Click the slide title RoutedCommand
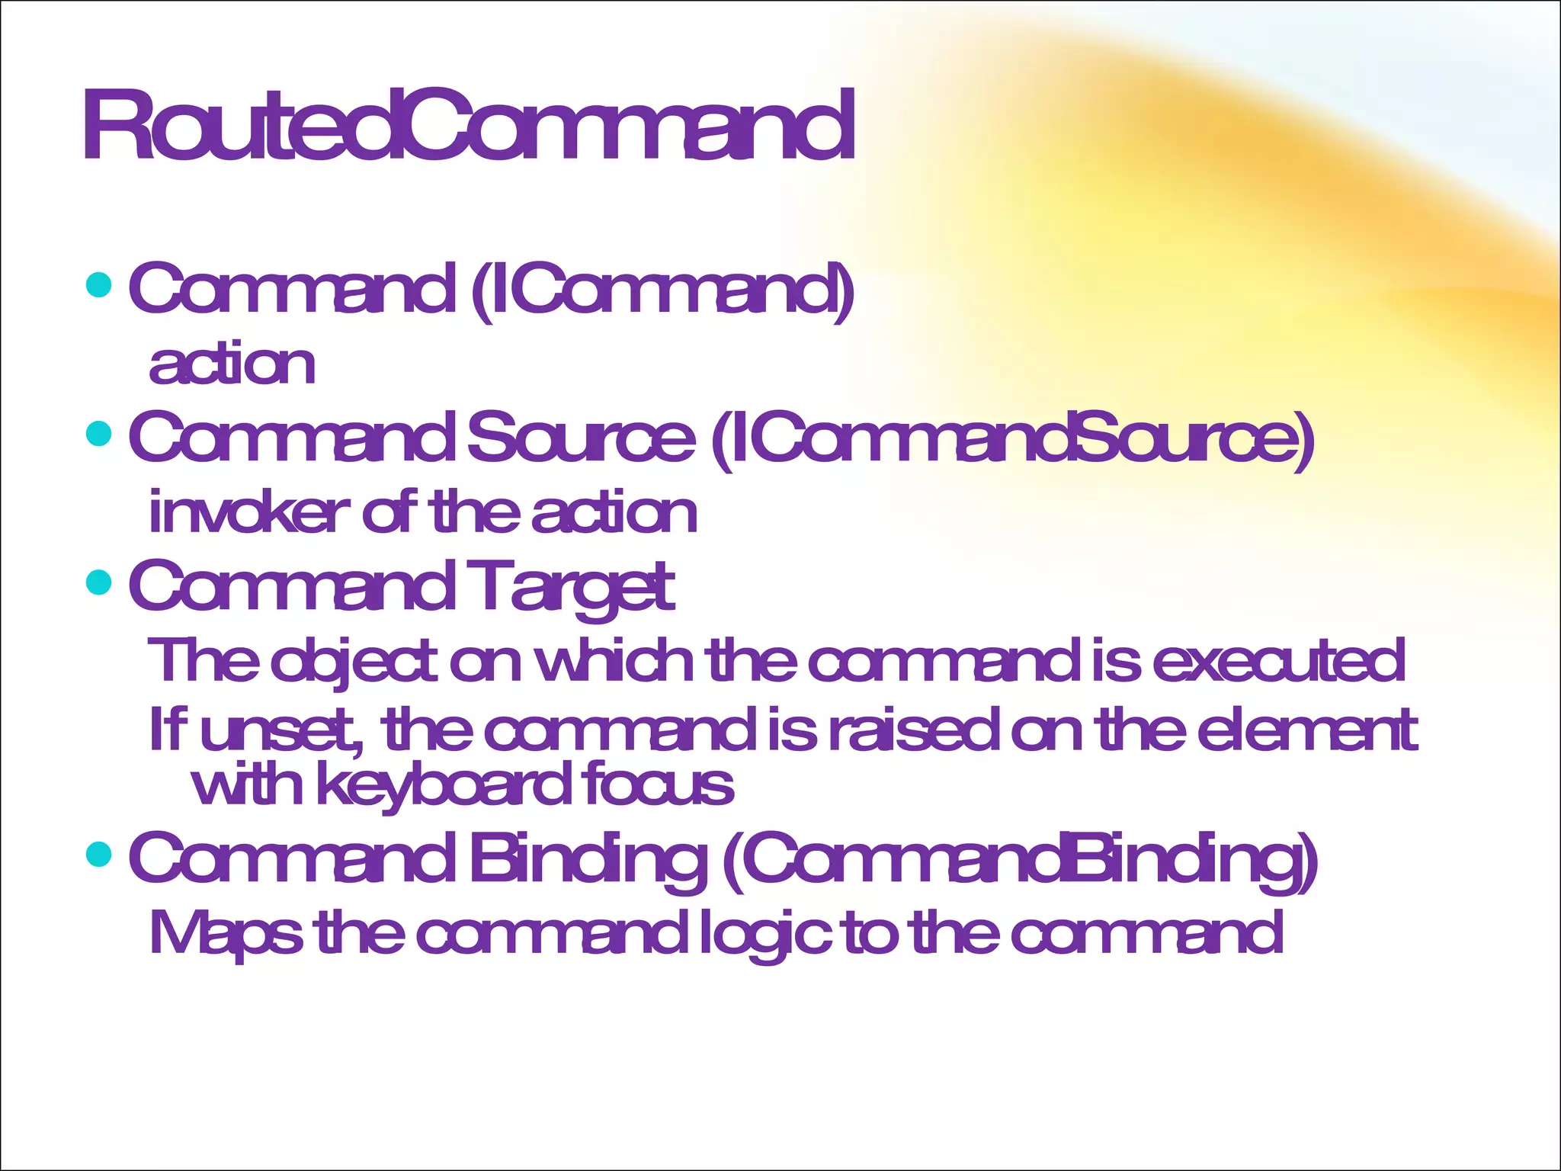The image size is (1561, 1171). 468,126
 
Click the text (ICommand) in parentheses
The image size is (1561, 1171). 662,289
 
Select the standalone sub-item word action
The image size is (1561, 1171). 232,364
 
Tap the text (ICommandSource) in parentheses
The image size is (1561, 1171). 1013,438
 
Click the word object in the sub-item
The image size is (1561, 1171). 354,661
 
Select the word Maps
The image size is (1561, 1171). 226,933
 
